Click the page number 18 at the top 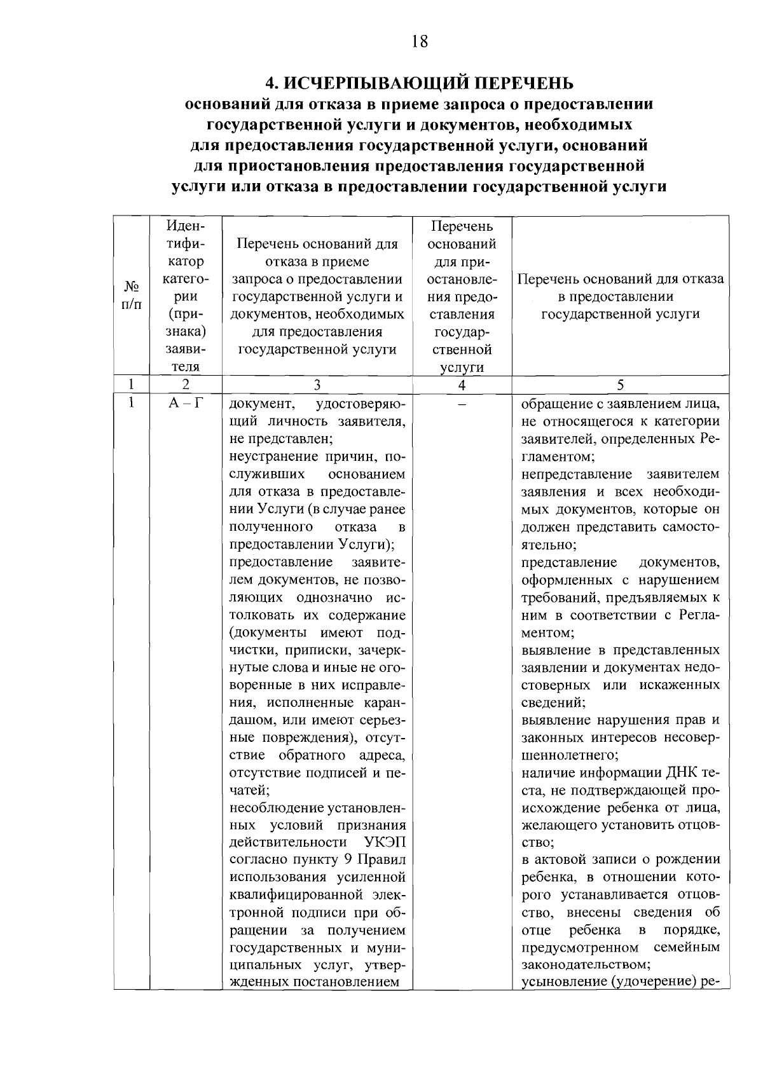coord(420,42)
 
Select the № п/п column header coord(131,296)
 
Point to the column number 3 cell coord(317,385)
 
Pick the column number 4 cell coord(462,385)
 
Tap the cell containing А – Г coord(185,403)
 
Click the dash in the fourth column coord(462,404)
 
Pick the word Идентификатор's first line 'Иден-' coord(185,226)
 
